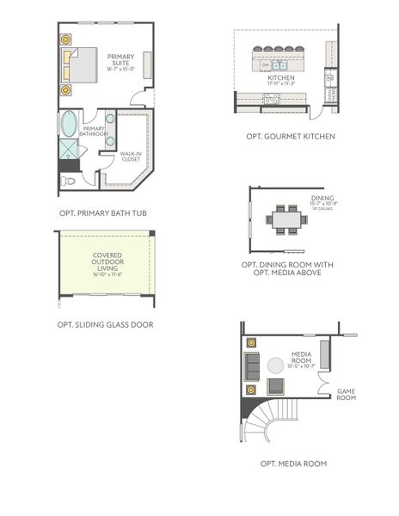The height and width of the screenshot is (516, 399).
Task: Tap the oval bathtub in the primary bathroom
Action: (x=68, y=125)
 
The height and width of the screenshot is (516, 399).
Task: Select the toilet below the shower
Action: (x=69, y=181)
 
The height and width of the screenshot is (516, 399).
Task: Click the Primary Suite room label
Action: (x=120, y=61)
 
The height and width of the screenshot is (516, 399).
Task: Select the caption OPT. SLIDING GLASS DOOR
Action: (x=104, y=325)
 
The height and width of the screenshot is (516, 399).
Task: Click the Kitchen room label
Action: (x=281, y=80)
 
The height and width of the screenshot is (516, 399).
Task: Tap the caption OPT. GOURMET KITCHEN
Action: (x=290, y=136)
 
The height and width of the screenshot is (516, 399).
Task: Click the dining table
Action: (x=286, y=219)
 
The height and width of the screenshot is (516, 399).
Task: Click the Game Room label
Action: (x=346, y=394)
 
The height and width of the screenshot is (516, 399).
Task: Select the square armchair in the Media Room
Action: (x=277, y=388)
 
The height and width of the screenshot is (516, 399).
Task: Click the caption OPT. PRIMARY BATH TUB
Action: (x=104, y=212)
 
